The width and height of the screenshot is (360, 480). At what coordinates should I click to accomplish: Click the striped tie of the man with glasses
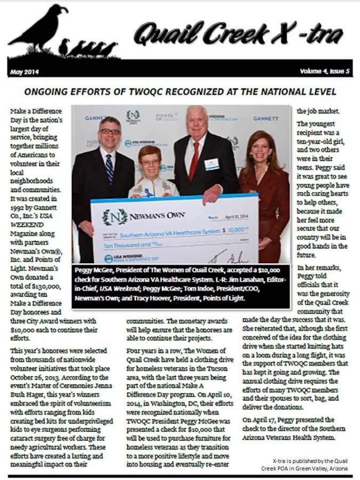(x=109, y=169)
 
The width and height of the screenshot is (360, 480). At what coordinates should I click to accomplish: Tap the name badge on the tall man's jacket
(x=212, y=164)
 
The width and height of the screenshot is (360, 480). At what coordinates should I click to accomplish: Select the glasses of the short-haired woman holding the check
(x=149, y=162)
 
